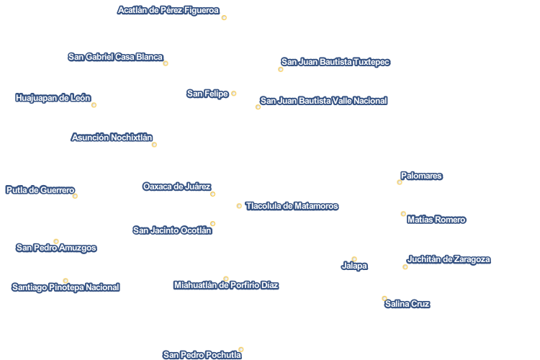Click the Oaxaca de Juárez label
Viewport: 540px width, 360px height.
tap(176, 186)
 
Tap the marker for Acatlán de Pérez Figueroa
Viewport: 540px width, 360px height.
tap(224, 18)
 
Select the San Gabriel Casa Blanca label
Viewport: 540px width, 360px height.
tap(115, 57)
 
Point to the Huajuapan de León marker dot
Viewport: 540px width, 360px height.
tap(94, 105)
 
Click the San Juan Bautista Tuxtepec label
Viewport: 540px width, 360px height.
tap(336, 62)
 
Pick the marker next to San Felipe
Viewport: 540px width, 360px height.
tap(234, 94)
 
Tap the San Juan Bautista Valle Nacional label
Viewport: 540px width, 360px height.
tap(323, 101)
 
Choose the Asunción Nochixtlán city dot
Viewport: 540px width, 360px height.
tap(154, 145)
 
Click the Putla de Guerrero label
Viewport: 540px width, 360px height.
tap(40, 190)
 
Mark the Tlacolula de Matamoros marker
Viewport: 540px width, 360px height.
tap(239, 206)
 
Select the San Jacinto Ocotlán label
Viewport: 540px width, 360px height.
tap(172, 230)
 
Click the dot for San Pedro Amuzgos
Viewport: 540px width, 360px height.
tap(56, 241)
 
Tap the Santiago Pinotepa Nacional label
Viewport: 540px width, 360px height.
tap(66, 287)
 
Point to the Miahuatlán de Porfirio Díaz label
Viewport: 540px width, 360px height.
tap(226, 285)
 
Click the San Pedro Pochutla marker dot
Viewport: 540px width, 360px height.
tap(241, 349)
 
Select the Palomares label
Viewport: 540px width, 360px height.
tap(421, 176)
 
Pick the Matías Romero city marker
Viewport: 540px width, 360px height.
tap(403, 214)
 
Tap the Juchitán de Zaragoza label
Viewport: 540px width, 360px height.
tap(449, 259)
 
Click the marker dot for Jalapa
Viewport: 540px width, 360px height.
tap(354, 259)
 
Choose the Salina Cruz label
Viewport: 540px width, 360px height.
tap(407, 304)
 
